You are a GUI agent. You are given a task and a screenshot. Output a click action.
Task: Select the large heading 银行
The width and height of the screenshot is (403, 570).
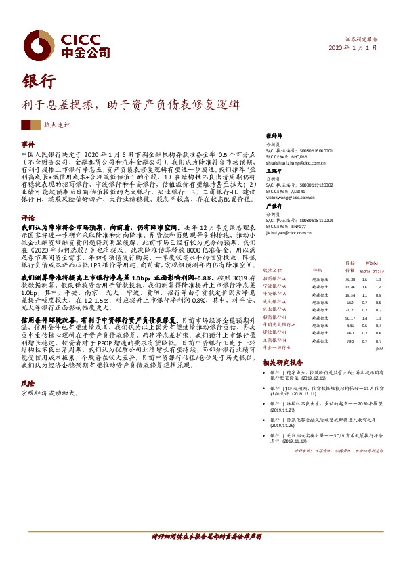coord(37,81)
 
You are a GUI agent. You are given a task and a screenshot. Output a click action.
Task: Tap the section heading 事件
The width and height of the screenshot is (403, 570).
coord(28,145)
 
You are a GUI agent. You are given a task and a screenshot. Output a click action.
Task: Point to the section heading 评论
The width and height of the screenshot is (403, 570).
coord(28,218)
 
